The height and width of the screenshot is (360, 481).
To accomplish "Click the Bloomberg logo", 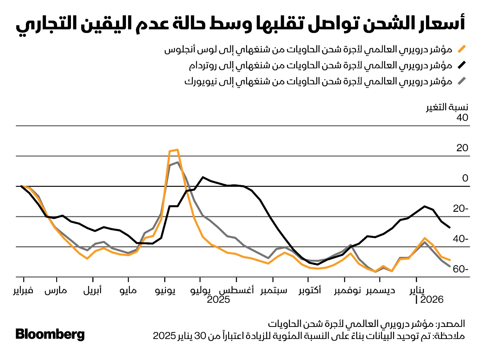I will [x=50, y=334].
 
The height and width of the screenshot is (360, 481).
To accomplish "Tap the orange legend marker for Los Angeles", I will [x=461, y=49].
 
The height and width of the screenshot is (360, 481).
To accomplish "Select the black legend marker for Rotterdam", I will [x=461, y=65].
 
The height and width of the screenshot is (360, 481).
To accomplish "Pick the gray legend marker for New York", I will [x=461, y=81].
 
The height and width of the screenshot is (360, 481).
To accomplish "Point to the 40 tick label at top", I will [x=462, y=118].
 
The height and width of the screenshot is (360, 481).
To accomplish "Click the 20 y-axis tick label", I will [x=462, y=148].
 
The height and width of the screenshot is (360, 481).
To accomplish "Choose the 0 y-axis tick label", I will [x=465, y=178].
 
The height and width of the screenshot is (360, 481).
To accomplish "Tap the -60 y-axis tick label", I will [x=460, y=269].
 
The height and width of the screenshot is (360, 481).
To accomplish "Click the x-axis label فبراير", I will [x=23, y=290].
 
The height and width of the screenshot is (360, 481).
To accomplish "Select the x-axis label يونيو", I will [x=165, y=290].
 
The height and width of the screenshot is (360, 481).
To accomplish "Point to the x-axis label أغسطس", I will [x=236, y=290].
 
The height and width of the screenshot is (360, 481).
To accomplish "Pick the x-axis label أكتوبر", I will [x=310, y=290].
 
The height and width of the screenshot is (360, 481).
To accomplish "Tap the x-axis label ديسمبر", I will [x=380, y=290].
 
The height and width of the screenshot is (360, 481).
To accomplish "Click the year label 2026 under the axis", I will [x=432, y=300].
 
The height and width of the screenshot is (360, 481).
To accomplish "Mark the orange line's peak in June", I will [x=177, y=150].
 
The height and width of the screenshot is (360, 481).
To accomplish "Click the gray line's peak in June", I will [x=178, y=162].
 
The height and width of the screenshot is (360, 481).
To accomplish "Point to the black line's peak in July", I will [x=203, y=177].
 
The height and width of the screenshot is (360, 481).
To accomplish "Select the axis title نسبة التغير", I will [x=447, y=107].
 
